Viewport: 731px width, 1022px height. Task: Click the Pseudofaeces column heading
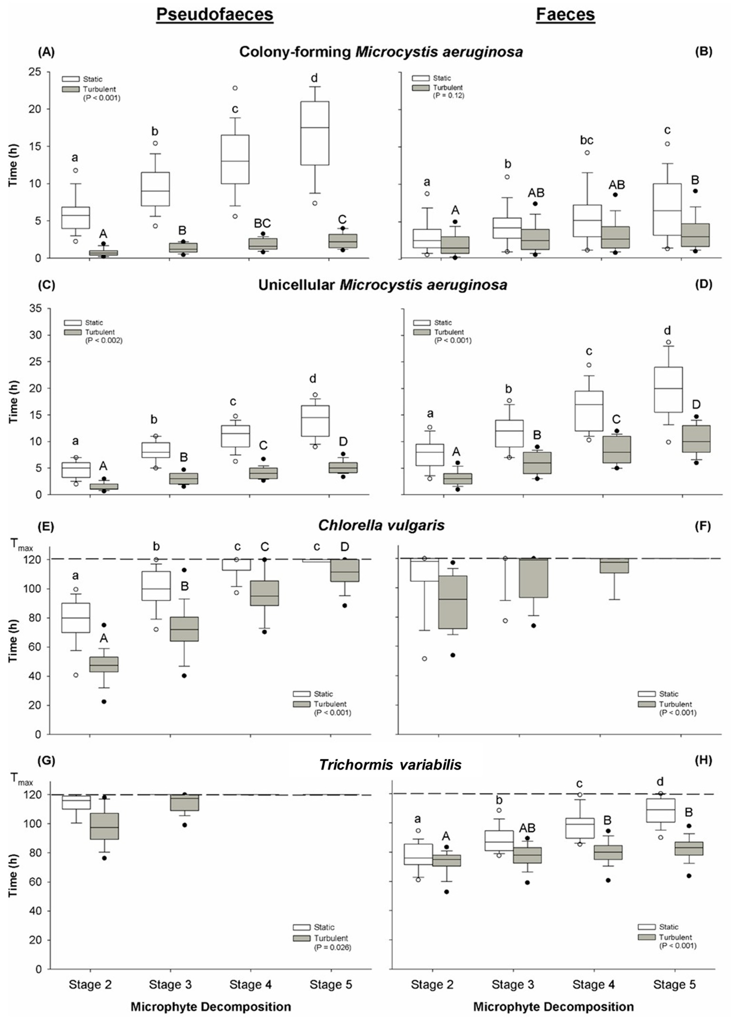[x=215, y=15]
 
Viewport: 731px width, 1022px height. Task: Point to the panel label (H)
[x=704, y=760]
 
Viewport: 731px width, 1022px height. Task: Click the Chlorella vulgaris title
[x=381, y=525]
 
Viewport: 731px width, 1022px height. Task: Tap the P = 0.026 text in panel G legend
[x=333, y=947]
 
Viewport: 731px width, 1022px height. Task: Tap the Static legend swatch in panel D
[x=421, y=323]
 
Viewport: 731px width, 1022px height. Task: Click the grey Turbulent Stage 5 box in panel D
[x=696, y=439]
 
